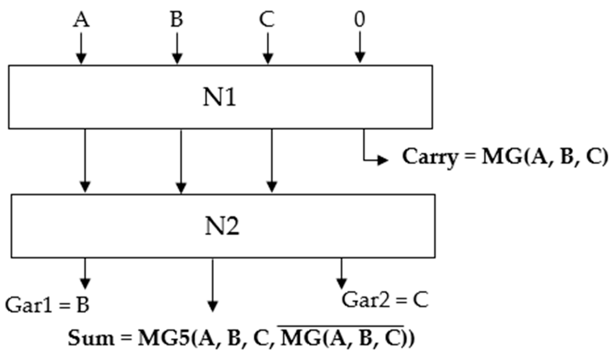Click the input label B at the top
[x=177, y=19]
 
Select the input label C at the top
[x=267, y=19]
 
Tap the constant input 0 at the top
[x=359, y=19]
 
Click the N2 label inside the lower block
[x=222, y=226]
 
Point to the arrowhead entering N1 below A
[x=81, y=58]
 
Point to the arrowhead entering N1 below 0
[x=360, y=57]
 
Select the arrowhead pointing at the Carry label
[x=383, y=160]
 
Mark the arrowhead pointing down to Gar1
[x=85, y=283]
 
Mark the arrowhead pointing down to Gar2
[x=341, y=283]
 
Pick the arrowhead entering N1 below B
[x=177, y=58]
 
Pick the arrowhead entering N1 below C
[x=268, y=58]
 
